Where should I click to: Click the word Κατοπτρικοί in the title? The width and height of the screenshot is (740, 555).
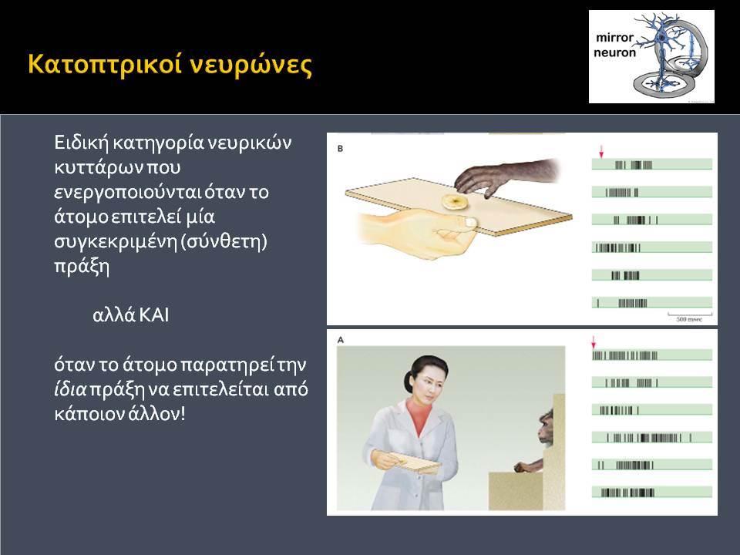pyautogui.click(x=105, y=64)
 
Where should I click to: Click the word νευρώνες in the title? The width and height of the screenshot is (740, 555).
pyautogui.click(x=251, y=65)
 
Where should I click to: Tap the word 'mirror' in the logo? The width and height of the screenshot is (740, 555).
pyautogui.click(x=614, y=37)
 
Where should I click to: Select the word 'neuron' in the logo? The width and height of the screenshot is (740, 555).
pyautogui.click(x=614, y=52)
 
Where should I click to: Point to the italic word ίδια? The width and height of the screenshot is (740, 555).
pyautogui.click(x=70, y=388)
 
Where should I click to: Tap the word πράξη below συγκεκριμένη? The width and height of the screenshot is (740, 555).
pyautogui.click(x=82, y=266)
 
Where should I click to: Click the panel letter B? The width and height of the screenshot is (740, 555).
pyautogui.click(x=340, y=149)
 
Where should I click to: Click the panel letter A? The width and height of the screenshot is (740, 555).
pyautogui.click(x=340, y=340)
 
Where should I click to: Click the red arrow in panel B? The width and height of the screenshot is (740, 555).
pyautogui.click(x=601, y=152)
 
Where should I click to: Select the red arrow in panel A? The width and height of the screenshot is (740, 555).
pyautogui.click(x=594, y=341)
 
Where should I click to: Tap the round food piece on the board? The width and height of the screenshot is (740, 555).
pyautogui.click(x=455, y=201)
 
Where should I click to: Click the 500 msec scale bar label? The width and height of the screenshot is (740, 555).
pyautogui.click(x=689, y=319)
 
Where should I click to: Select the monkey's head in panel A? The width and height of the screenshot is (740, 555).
pyautogui.click(x=547, y=427)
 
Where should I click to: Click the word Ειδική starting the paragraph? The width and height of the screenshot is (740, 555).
pyautogui.click(x=81, y=143)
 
